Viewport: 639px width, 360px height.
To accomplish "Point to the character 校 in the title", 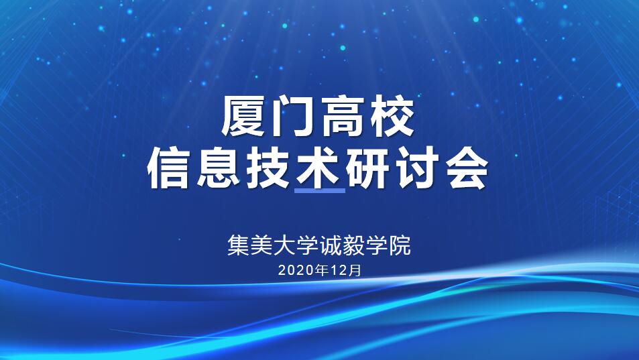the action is (392, 116).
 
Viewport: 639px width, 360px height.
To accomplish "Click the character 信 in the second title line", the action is (168, 168).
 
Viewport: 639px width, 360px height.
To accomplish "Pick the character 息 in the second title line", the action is (219, 168).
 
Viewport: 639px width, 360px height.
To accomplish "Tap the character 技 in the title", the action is (269, 168).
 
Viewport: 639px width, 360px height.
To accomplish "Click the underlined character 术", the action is (318, 168).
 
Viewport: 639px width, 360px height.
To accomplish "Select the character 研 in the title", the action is (368, 168).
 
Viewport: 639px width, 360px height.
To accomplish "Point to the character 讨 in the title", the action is (418, 168).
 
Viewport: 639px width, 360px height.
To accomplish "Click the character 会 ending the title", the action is (467, 168).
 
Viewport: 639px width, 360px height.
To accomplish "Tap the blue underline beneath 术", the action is (319, 190).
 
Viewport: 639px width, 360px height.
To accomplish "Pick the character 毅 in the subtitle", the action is (353, 245).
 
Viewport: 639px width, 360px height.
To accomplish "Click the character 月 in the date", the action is (355, 270).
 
